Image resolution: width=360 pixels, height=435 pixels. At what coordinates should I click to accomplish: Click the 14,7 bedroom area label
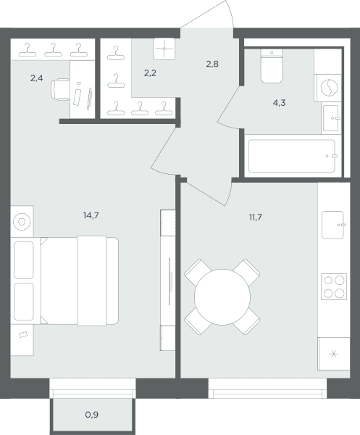91,215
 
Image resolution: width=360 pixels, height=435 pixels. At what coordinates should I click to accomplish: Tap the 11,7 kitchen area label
255,217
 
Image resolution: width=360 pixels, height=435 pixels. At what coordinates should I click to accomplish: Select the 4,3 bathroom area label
279,103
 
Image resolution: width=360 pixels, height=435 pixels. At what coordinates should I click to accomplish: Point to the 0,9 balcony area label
92,415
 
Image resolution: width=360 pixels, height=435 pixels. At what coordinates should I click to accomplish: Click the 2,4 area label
37,78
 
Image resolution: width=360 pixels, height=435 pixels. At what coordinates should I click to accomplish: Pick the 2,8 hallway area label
212,64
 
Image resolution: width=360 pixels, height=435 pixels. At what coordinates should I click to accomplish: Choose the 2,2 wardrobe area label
150,73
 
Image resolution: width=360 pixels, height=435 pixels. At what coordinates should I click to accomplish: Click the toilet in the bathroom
272,66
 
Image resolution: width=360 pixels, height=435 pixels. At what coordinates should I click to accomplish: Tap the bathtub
292,156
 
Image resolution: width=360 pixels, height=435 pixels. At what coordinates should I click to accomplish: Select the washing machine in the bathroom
329,88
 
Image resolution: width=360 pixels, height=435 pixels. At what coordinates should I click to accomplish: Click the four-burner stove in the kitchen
334,286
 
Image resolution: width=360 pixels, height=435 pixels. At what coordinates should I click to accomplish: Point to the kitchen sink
333,225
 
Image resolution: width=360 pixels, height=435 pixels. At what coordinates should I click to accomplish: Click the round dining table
222,297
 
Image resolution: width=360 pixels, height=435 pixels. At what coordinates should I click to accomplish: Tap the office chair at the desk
60,89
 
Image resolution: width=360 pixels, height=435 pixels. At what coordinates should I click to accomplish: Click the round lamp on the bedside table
22,222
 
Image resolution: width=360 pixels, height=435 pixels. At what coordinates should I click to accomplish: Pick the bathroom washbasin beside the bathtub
331,118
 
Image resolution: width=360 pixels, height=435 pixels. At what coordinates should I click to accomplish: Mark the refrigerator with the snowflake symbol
334,354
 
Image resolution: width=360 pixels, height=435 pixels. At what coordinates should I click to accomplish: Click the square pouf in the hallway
164,49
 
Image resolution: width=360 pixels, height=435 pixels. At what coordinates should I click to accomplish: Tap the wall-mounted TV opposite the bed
169,281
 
